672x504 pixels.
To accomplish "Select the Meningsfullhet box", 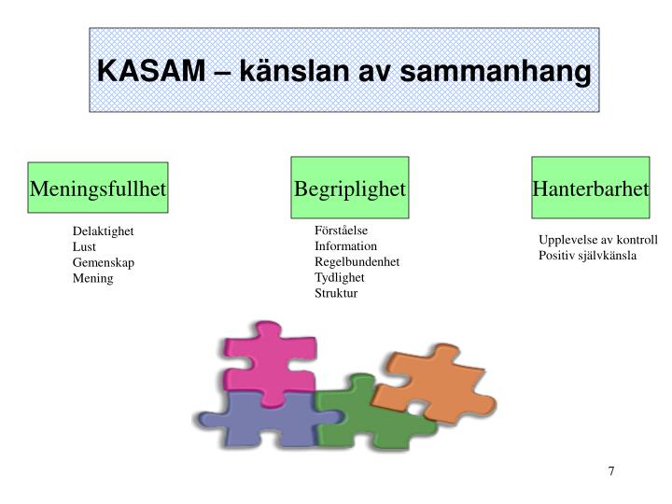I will coord(98,189).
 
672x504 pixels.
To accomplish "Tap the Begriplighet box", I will coord(350,189).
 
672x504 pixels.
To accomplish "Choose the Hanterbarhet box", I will coord(590,189).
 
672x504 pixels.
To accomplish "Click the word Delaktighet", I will coord(104,231).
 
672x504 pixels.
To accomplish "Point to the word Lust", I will coord(84,246).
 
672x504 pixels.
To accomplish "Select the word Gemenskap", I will coord(103,262).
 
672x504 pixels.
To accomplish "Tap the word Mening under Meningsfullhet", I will coord(92,278).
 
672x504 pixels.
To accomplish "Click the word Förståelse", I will coord(342,230).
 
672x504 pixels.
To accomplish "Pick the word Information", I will coord(345,245).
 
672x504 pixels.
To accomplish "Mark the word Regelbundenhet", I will coord(357,261).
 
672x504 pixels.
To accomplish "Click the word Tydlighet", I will coord(339,277).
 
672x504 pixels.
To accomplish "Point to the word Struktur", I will coord(335,293).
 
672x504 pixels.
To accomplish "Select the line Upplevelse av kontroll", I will coord(597,239).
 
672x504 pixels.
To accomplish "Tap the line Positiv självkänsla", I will coord(587,255).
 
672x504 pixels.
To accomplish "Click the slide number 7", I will coord(611,470).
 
